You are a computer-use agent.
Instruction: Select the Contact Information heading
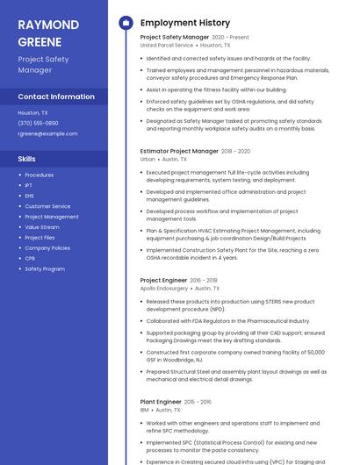pyautogui.click(x=56, y=97)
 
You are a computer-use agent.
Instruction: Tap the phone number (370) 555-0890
pyautogui.click(x=38, y=123)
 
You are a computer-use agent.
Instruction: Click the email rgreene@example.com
pyautogui.click(x=47, y=133)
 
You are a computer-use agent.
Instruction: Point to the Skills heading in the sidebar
pyautogui.click(x=27, y=159)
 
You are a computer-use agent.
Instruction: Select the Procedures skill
pyautogui.click(x=39, y=175)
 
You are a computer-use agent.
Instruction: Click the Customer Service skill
pyautogui.click(x=47, y=206)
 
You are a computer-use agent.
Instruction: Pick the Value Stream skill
pyautogui.click(x=42, y=227)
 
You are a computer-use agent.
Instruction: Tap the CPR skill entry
pyautogui.click(x=30, y=259)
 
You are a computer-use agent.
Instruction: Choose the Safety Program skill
pyautogui.click(x=45, y=269)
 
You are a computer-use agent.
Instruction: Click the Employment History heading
pyautogui.click(x=184, y=23)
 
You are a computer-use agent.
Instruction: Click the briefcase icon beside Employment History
pyautogui.click(x=126, y=23)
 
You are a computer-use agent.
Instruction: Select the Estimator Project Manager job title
pyautogui.click(x=179, y=151)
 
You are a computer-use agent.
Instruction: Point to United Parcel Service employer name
pyautogui.click(x=167, y=45)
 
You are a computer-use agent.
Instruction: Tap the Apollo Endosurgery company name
pyautogui.click(x=164, y=288)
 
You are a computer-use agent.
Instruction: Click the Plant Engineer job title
pyautogui.click(x=161, y=402)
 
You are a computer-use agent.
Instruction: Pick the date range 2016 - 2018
pyautogui.click(x=204, y=280)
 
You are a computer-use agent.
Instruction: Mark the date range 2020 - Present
pyautogui.click(x=230, y=38)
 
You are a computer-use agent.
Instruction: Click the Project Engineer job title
pyautogui.click(x=163, y=280)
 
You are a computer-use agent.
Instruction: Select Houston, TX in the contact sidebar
pyautogui.click(x=32, y=112)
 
